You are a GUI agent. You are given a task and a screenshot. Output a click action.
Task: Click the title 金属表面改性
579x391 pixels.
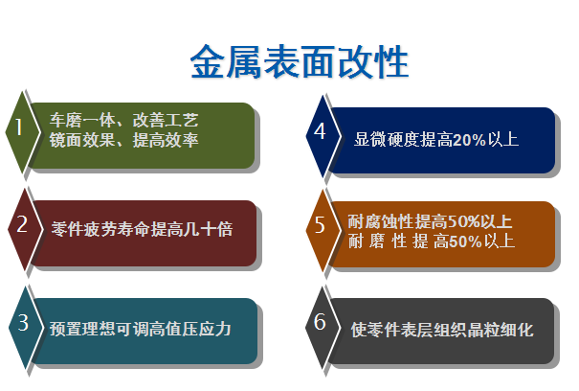tap(300, 61)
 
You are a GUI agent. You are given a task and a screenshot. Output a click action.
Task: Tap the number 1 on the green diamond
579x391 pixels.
tap(19, 126)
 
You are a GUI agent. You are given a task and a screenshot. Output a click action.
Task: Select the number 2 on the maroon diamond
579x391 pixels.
tap(22, 224)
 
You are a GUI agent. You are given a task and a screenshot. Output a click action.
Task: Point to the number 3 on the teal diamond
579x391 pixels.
tap(23, 322)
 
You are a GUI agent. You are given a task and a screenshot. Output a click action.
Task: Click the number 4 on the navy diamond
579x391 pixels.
tap(320, 131)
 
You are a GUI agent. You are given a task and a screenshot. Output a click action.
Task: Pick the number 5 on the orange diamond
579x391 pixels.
tap(320, 225)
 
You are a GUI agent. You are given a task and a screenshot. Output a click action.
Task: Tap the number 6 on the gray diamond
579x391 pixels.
tap(320, 321)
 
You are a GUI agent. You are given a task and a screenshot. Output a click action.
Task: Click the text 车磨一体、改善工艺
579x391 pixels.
tap(124, 120)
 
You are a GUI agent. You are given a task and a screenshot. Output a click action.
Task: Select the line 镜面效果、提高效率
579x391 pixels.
tap(124, 140)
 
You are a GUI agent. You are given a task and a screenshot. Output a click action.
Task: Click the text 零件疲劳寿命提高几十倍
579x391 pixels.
tap(143, 229)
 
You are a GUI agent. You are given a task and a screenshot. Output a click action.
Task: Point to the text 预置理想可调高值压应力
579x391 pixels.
tap(141, 329)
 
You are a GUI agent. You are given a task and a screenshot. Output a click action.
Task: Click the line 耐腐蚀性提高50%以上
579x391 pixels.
tap(430, 221)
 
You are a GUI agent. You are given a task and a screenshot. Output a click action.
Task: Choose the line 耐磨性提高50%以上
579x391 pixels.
tap(432, 241)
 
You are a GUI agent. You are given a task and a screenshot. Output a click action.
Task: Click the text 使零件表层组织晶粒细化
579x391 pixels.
tap(442, 330)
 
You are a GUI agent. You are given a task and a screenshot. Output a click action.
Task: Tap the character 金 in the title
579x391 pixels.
tap(208, 61)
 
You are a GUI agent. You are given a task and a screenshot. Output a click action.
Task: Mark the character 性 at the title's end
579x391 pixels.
tap(391, 61)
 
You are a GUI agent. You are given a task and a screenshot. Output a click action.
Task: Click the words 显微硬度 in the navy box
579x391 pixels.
tap(387, 140)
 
